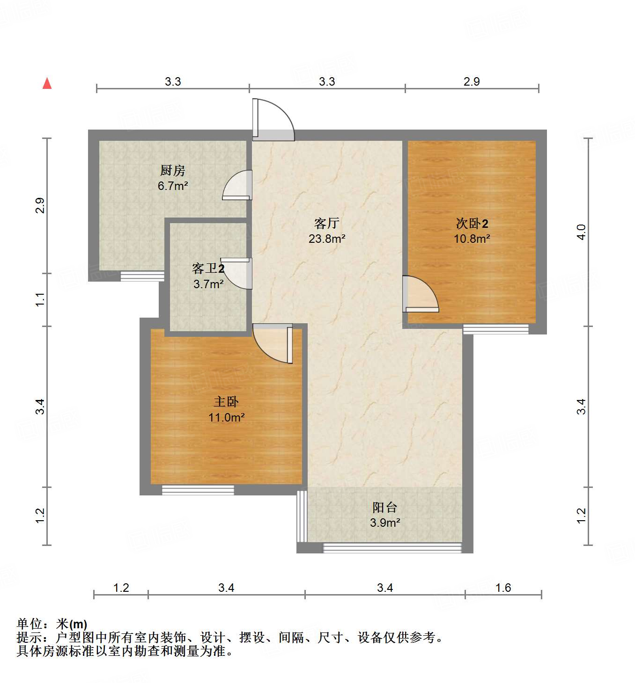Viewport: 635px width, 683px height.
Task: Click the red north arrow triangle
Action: [x=47, y=83]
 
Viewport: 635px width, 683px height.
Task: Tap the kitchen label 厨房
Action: [x=172, y=170]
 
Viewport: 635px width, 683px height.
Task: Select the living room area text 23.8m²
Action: [x=327, y=239]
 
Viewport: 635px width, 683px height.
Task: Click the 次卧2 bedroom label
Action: [x=472, y=224]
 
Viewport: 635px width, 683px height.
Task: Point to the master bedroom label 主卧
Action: [x=226, y=401]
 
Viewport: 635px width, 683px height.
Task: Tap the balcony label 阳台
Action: [x=384, y=507]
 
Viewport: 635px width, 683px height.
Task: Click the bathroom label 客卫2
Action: [x=208, y=269]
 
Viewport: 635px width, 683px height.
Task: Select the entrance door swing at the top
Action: [x=274, y=120]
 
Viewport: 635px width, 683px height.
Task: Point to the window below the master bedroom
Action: [x=198, y=490]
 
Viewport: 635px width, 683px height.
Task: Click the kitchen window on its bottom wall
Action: [x=142, y=276]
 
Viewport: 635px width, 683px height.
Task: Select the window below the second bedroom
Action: [x=495, y=329]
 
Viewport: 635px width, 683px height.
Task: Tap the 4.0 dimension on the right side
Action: [x=581, y=232]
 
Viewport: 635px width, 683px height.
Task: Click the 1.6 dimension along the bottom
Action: [x=503, y=588]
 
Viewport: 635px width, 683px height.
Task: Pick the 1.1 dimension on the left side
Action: [x=40, y=299]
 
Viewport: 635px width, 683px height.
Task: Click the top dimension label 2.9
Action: [x=472, y=81]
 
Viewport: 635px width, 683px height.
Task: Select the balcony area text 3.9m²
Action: [x=384, y=523]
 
